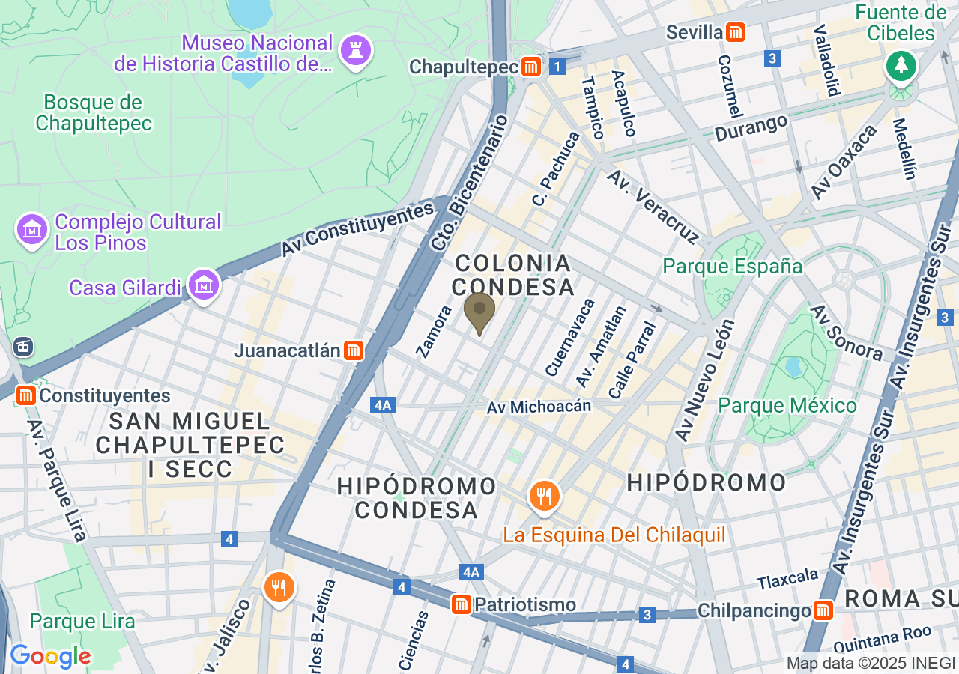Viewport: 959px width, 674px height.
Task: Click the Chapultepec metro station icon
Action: click(532, 67)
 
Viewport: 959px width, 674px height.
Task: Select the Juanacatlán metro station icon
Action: click(354, 350)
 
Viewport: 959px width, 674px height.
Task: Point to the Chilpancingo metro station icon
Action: click(823, 610)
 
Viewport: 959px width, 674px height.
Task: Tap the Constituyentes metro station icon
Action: click(26, 395)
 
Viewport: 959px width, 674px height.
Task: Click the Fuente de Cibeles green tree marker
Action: click(900, 66)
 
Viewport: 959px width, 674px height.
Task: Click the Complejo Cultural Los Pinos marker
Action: click(32, 230)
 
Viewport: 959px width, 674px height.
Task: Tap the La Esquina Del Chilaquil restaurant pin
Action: click(544, 496)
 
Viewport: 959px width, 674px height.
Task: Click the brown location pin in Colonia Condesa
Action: click(479, 312)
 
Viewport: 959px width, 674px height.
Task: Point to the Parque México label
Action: click(787, 406)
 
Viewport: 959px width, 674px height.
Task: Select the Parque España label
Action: click(733, 267)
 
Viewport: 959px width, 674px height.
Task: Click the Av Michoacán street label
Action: click(539, 407)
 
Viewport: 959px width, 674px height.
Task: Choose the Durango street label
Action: click(751, 127)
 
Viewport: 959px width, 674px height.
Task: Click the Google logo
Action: click(50, 656)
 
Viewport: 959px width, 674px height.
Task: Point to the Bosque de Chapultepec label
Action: click(94, 112)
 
